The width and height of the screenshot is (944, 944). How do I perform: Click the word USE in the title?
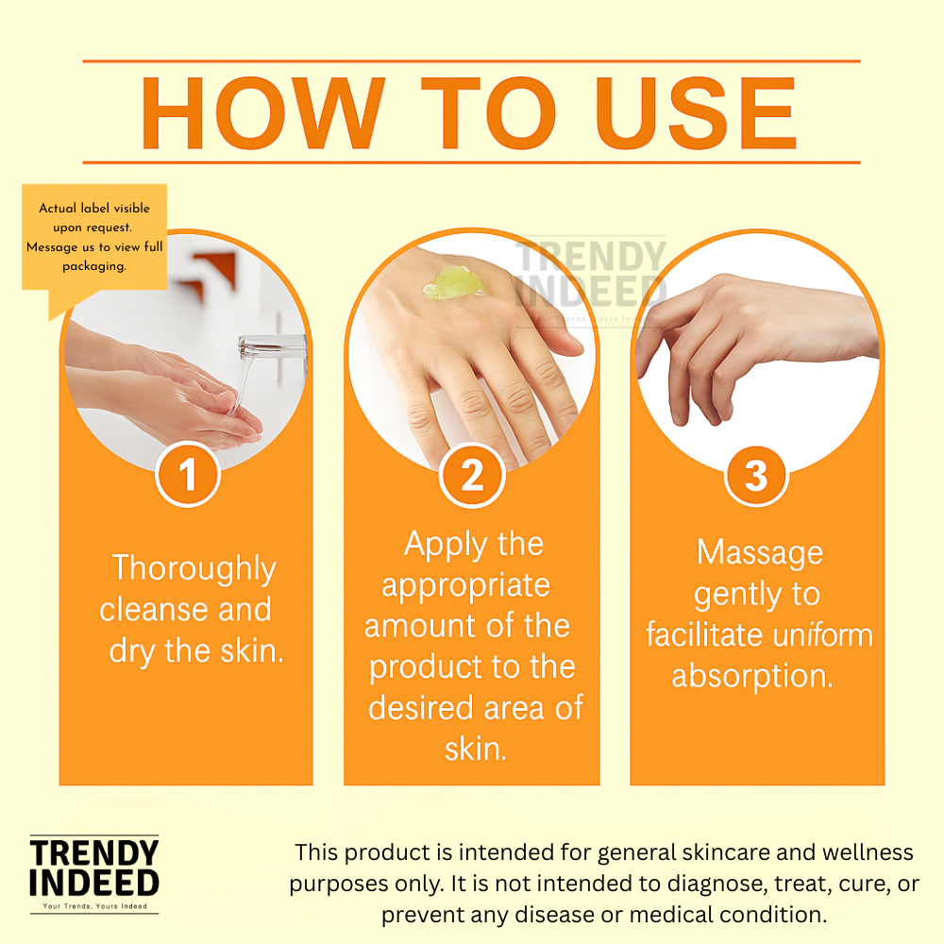click(696, 112)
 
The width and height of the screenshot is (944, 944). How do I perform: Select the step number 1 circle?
click(188, 475)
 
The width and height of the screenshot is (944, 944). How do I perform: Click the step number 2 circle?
click(472, 476)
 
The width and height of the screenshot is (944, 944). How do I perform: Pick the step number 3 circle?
click(756, 476)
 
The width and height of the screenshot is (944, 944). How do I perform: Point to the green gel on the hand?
click(456, 283)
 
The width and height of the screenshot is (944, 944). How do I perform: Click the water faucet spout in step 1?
click(272, 348)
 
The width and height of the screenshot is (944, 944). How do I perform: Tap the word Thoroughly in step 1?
click(194, 569)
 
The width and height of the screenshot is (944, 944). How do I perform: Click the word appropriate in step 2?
click(466, 586)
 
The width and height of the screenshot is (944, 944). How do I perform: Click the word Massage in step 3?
click(760, 553)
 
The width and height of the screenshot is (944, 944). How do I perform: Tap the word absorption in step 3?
click(752, 677)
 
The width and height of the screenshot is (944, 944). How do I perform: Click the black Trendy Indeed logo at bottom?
click(94, 874)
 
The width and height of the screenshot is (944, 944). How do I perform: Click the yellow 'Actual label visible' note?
click(94, 237)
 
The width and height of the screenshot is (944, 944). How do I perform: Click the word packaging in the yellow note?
click(93, 266)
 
